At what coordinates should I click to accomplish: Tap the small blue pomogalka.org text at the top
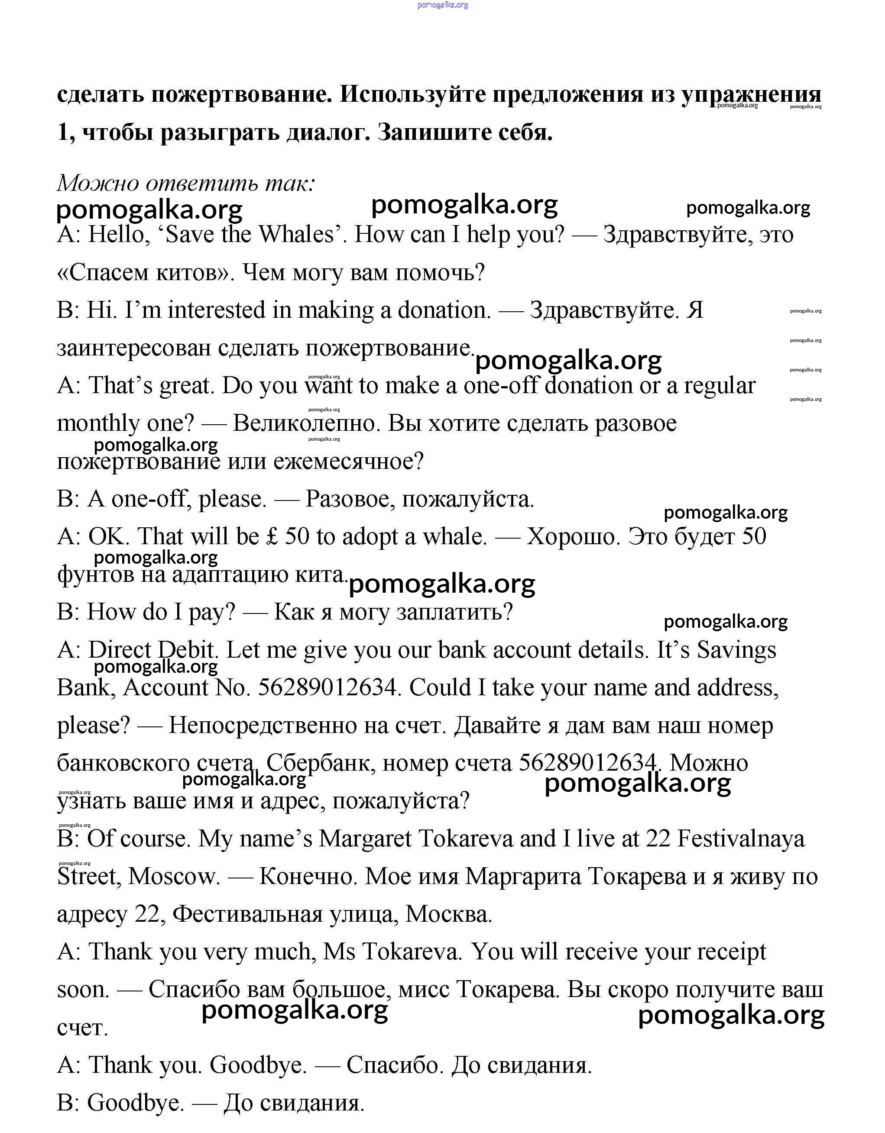click(443, 5)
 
